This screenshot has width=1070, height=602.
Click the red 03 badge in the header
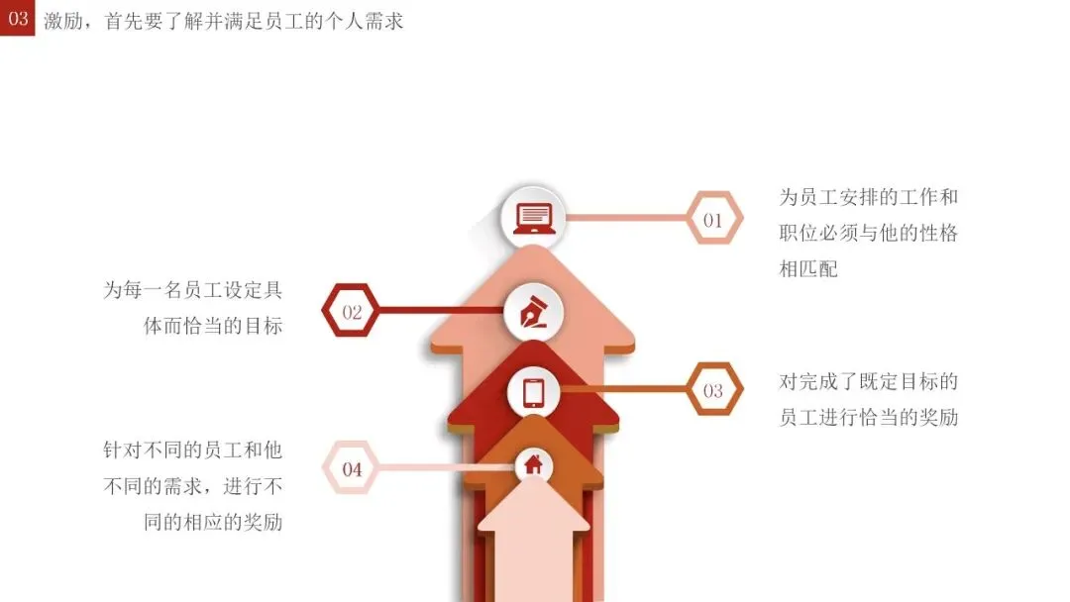pyautogui.click(x=18, y=18)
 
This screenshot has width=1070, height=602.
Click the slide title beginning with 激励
pyautogui.click(x=224, y=21)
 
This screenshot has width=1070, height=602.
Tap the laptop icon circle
pyautogui.click(x=533, y=217)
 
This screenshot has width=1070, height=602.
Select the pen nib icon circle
pyautogui.click(x=533, y=311)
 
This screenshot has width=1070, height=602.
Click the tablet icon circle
pyautogui.click(x=534, y=392)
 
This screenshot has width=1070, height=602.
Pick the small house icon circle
pyautogui.click(x=533, y=464)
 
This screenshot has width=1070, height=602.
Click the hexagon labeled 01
pyautogui.click(x=714, y=219)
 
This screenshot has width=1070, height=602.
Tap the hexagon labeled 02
pyautogui.click(x=352, y=311)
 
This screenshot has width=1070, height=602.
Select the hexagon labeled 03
pyautogui.click(x=713, y=389)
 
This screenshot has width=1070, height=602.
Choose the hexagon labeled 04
pyautogui.click(x=352, y=468)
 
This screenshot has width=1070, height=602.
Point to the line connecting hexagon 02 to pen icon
pyautogui.click(x=441, y=311)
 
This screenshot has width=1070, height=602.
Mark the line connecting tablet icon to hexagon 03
pyautogui.click(x=624, y=389)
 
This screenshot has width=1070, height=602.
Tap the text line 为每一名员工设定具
pyautogui.click(x=193, y=291)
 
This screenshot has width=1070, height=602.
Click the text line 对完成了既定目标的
pyautogui.click(x=869, y=381)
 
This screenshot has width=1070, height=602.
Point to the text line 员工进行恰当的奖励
pyautogui.click(x=869, y=417)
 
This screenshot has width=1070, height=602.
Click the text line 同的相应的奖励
pyautogui.click(x=213, y=522)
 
